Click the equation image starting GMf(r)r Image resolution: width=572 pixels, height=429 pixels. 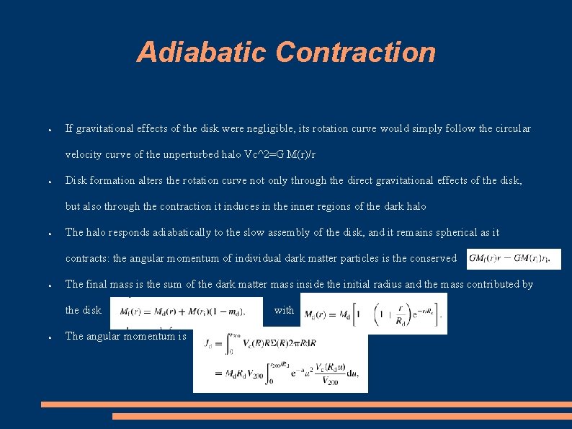[x=514, y=259]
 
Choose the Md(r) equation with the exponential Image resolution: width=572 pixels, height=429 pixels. [x=373, y=314]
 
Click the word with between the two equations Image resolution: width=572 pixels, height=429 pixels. [x=284, y=310]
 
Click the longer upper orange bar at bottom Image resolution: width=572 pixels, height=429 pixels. [x=306, y=404]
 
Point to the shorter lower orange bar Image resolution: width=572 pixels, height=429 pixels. [x=342, y=416]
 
